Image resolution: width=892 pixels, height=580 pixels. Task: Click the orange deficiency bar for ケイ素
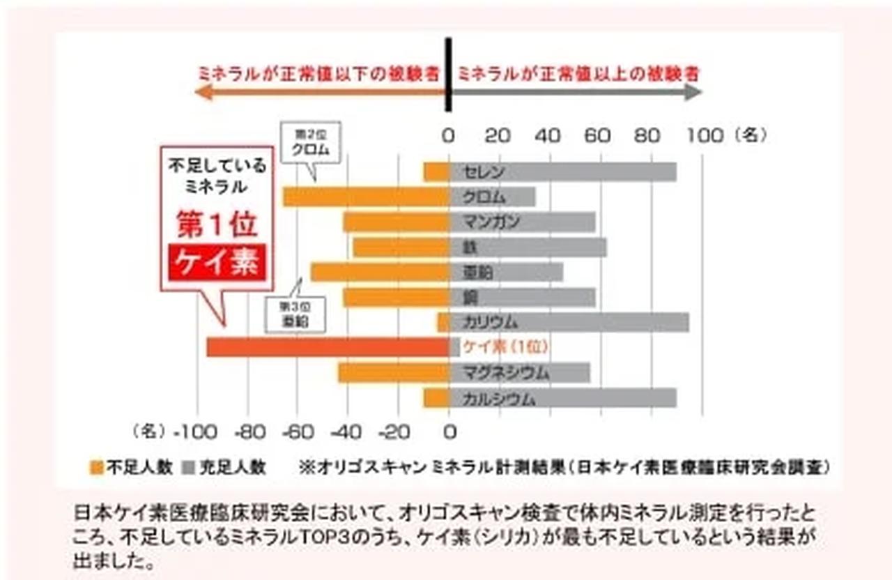click(328, 347)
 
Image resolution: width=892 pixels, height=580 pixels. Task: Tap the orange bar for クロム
click(366, 197)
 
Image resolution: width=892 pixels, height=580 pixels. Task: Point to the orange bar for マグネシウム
click(394, 373)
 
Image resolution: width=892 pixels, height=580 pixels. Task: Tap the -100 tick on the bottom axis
click(196, 433)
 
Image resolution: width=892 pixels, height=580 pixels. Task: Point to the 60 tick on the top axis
click(599, 135)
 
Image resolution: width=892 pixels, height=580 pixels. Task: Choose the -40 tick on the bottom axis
click(346, 433)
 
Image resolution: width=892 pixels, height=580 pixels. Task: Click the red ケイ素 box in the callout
click(217, 262)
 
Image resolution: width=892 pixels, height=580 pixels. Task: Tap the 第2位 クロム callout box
click(311, 143)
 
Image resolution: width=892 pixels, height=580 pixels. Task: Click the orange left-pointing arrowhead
click(203, 92)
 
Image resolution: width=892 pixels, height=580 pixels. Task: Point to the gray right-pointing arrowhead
click(693, 92)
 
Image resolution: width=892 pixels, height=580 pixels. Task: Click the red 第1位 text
click(217, 224)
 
